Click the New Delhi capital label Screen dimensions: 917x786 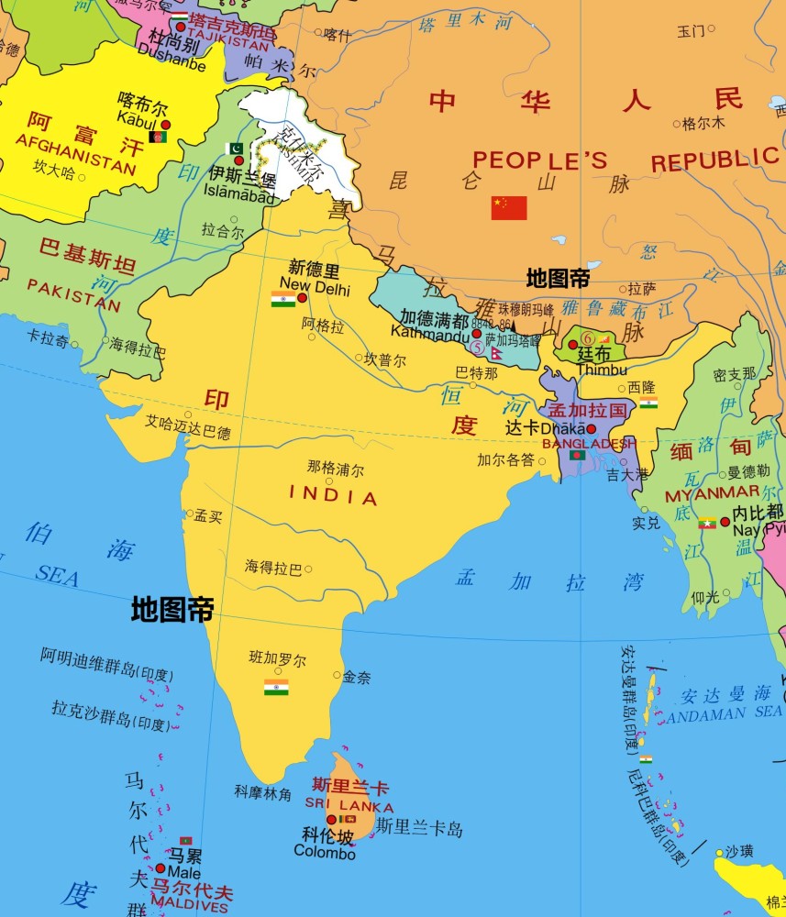pos(319,287)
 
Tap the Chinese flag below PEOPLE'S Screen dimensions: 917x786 pos(509,208)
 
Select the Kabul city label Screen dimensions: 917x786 pos(137,116)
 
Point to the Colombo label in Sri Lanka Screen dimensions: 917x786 pos(324,853)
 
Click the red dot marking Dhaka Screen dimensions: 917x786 pos(591,428)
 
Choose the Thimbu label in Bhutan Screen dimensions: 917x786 pos(602,370)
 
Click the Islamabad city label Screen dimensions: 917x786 pos(242,195)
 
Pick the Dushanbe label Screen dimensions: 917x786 pos(172,63)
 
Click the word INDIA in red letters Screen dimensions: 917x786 pos(333,496)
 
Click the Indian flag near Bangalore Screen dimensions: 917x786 pos(276,687)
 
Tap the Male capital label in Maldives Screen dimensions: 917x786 pos(183,873)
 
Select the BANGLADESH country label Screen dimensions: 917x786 pos(588,443)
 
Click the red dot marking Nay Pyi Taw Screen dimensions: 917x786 pos(725,522)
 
